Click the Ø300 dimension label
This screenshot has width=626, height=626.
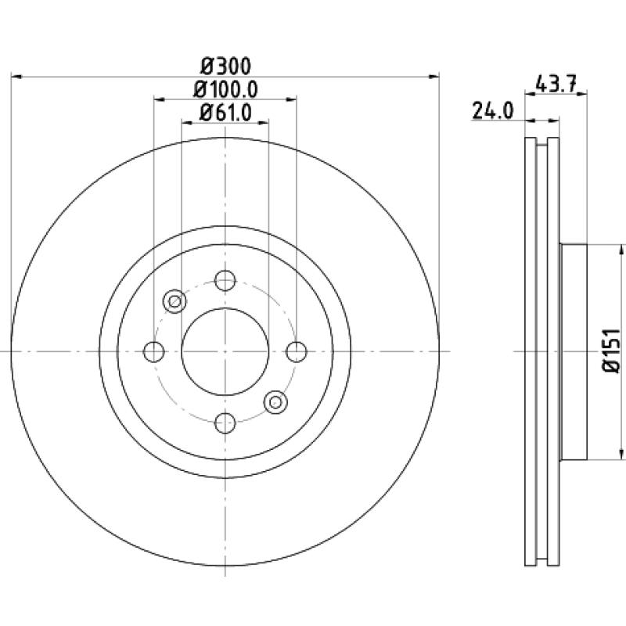click(225, 67)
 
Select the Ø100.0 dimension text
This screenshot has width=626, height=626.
click(225, 89)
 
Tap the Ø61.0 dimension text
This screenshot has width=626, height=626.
click(225, 112)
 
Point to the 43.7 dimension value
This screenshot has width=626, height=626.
click(556, 84)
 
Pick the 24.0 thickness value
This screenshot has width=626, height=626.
click(492, 110)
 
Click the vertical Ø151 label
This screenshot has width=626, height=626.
click(611, 351)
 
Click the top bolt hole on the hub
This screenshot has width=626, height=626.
click(225, 280)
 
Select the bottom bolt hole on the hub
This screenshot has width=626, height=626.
click(225, 423)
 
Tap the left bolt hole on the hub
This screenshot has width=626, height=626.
click(153, 351)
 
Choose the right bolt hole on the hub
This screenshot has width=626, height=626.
click(297, 351)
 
